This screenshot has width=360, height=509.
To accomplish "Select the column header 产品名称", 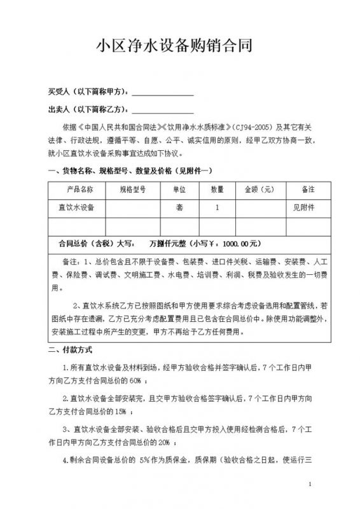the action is click(x=80, y=190).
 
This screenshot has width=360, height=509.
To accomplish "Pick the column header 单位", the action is click(x=179, y=190).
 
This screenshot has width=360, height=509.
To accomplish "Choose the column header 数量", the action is click(x=217, y=190).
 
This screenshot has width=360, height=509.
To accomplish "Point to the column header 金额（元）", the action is click(x=258, y=190).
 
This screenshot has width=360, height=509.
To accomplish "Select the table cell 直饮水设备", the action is click(x=73, y=207).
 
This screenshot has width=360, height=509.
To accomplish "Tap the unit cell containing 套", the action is click(x=179, y=207).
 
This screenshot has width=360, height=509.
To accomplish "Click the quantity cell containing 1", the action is click(x=217, y=207).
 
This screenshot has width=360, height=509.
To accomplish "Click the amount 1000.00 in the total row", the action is click(x=240, y=242).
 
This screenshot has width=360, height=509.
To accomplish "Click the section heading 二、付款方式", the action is click(x=71, y=350).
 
